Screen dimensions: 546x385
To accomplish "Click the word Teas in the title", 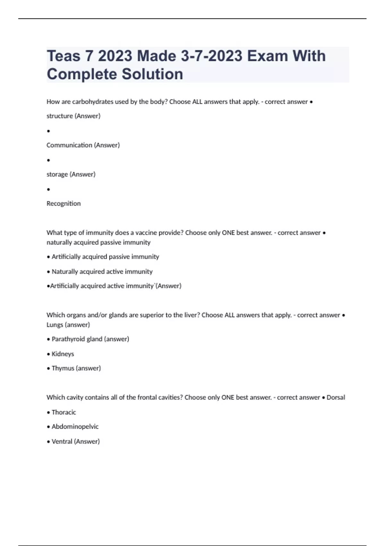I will pyautogui.click(x=64, y=56).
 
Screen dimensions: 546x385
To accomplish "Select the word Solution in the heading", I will pyautogui.click(x=152, y=74).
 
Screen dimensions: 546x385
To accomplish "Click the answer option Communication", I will pyautogui.click(x=69, y=145).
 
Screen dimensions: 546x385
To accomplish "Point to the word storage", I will pyautogui.click(x=57, y=174).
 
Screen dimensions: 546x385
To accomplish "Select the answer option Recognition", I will pyautogui.click(x=64, y=204).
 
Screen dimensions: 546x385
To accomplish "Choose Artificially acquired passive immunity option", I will pyautogui.click(x=105, y=257).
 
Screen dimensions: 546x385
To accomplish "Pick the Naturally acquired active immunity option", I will pyautogui.click(x=102, y=272).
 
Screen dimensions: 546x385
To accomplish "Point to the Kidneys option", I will pyautogui.click(x=63, y=354).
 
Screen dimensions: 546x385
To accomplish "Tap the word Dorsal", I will pyautogui.click(x=336, y=398).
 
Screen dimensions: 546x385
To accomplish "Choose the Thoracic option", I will pyautogui.click(x=64, y=412).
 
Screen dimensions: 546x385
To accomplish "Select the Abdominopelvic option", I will pyautogui.click(x=75, y=427).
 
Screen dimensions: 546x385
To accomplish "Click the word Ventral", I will pyautogui.click(x=62, y=442).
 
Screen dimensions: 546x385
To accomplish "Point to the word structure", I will pyautogui.click(x=60, y=116).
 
